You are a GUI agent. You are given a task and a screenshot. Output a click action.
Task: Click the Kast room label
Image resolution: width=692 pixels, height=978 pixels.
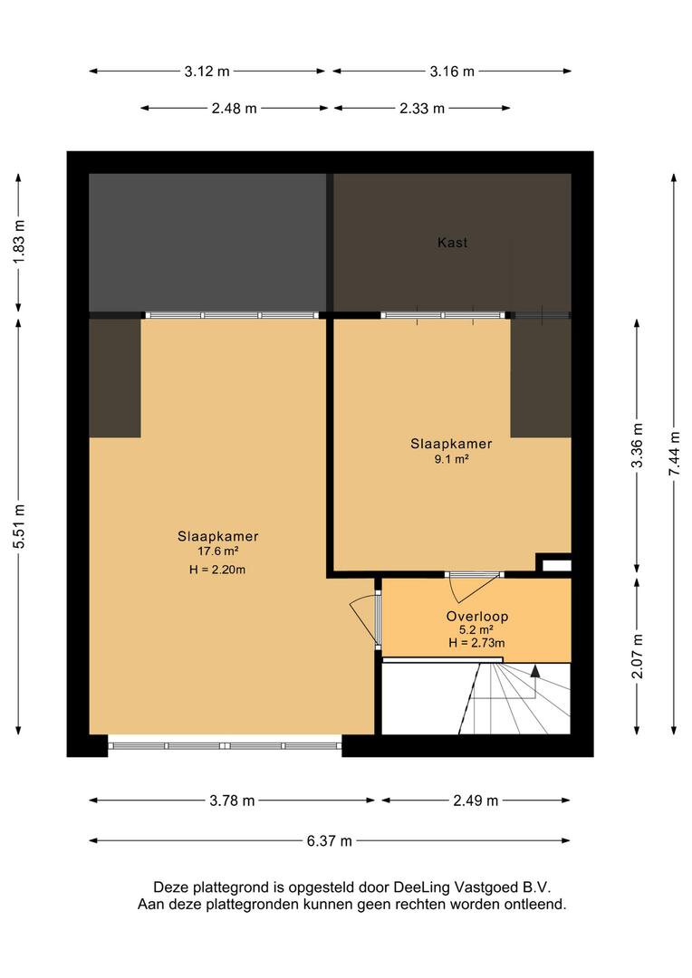[x=452, y=243]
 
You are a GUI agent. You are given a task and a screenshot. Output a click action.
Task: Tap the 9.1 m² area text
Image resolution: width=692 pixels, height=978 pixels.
[x=452, y=459]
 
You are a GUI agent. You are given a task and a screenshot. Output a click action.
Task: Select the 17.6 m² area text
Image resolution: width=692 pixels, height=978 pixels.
[x=217, y=551]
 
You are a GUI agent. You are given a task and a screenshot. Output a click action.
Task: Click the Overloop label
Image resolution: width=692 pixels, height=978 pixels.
[x=476, y=617]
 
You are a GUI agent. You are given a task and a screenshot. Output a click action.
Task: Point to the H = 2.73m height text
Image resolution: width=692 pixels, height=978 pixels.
[x=476, y=643]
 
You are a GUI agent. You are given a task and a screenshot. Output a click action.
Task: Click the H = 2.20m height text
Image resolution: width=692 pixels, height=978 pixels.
[x=217, y=570]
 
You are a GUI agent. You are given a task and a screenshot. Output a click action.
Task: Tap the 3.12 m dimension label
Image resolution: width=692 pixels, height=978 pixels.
[x=207, y=72]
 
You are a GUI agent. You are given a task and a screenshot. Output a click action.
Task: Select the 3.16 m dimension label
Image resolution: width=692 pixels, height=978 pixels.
[x=452, y=72]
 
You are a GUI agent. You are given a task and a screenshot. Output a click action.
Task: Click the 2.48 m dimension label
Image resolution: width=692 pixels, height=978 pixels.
[x=234, y=109]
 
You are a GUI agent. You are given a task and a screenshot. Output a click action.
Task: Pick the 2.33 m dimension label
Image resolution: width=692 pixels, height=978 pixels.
[x=422, y=109]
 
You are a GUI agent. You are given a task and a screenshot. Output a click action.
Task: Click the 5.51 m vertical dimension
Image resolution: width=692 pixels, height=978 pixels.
[x=19, y=526]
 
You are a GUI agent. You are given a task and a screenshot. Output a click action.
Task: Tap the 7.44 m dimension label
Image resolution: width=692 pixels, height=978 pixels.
[x=675, y=454]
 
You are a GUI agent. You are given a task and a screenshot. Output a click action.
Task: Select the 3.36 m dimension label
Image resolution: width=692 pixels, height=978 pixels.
[x=637, y=446]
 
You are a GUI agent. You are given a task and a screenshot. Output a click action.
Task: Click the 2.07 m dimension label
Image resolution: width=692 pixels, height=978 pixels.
[x=637, y=657]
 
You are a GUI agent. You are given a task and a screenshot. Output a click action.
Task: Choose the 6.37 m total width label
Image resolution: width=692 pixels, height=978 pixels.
[x=330, y=841]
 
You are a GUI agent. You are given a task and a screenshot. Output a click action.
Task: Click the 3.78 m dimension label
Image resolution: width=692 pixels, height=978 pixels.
[x=232, y=801]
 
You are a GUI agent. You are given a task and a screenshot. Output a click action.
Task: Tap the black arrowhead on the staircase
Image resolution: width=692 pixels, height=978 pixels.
[x=534, y=670]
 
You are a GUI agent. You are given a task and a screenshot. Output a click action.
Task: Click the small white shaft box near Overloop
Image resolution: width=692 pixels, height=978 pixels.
[x=557, y=566]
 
